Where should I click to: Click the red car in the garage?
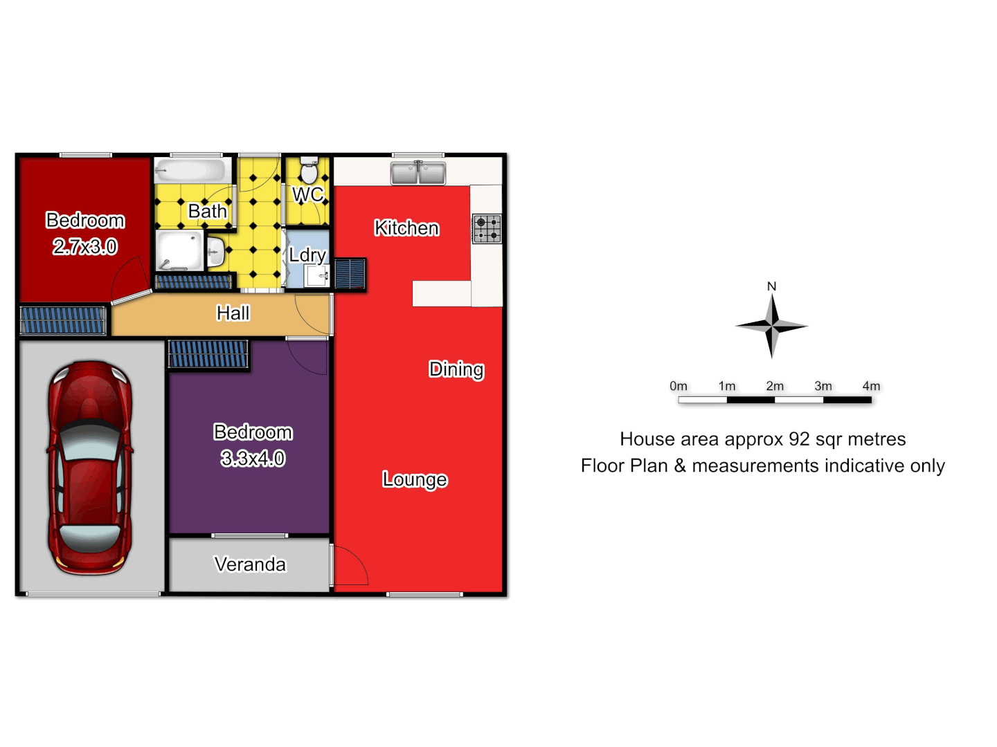90,467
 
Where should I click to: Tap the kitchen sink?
418,173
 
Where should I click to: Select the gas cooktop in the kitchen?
487,229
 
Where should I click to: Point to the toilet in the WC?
309,170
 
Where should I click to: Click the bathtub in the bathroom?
190,170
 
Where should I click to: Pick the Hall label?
233,313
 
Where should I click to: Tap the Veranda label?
250,564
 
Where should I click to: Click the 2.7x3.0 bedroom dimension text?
85,246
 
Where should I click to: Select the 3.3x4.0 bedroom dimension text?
253,458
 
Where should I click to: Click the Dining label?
456,369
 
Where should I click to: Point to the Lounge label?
415,479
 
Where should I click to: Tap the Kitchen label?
406,228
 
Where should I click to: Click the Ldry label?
307,255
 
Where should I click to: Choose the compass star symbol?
772,326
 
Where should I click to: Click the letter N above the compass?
772,286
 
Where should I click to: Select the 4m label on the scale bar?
871,386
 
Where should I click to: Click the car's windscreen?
89,443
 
